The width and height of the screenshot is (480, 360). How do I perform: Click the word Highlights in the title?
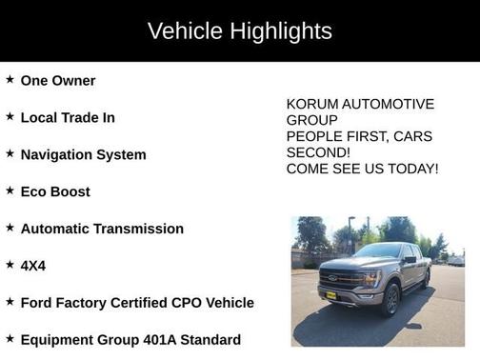(283, 31)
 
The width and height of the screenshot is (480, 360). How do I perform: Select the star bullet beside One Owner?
(10, 80)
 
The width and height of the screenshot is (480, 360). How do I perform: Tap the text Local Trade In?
(67, 117)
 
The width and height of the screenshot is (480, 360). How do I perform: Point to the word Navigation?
(56, 154)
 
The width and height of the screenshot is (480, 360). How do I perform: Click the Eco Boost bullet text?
(55, 191)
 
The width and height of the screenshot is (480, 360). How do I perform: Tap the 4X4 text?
(33, 266)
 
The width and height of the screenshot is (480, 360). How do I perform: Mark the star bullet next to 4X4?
(10, 265)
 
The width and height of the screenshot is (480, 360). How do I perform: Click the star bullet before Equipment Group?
(10, 339)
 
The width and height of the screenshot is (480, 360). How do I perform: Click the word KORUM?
(311, 104)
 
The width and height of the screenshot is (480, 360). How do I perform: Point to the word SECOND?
(318, 152)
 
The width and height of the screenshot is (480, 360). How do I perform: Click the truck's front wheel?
(390, 300)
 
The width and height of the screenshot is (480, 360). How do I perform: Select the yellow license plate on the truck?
(330, 296)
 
